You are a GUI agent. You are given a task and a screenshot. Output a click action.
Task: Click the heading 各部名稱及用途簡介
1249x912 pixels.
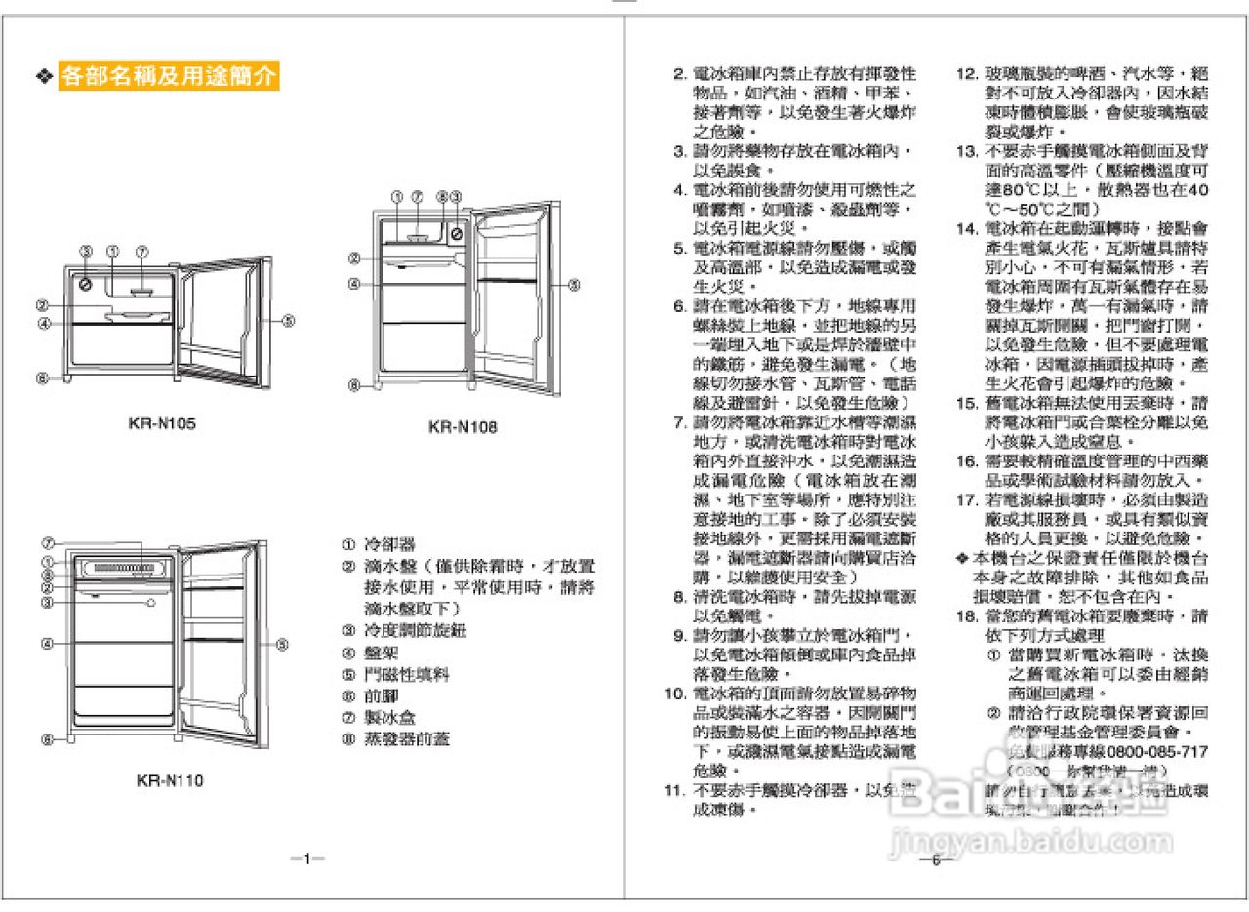tap(170, 77)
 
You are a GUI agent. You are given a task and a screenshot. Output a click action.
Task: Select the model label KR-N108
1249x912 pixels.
tap(463, 427)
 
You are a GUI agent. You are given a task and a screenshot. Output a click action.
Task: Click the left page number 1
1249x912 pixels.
tap(307, 859)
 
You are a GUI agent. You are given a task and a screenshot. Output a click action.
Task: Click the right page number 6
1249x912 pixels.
tap(934, 859)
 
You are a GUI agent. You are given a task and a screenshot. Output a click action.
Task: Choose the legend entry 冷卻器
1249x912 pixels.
tap(389, 544)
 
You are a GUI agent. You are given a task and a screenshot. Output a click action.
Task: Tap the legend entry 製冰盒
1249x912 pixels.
tap(389, 718)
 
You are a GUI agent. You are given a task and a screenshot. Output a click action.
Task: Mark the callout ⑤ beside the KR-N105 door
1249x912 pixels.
tap(289, 321)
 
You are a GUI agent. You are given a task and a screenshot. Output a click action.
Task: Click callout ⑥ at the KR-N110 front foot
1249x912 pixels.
tap(47, 739)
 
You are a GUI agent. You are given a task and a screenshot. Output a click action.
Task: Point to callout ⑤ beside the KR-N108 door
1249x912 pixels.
tap(574, 285)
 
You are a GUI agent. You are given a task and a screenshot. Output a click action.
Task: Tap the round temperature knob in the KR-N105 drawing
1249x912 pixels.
tap(86, 284)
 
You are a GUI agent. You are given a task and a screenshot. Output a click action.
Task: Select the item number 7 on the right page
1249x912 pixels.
tap(679, 422)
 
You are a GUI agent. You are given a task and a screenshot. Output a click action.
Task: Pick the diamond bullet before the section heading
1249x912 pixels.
tap(43, 77)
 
